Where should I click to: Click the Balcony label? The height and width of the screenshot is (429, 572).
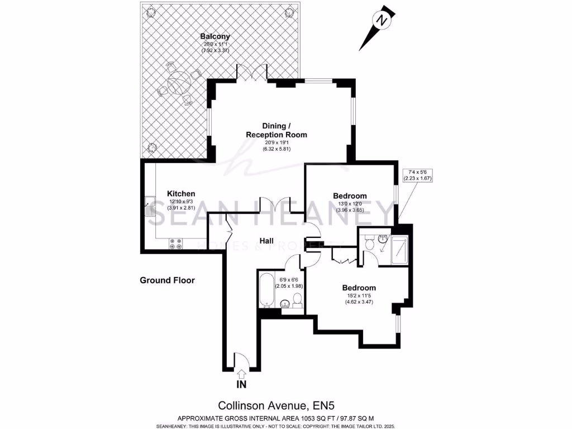click(214, 37)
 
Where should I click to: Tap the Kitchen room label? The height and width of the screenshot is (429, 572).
click(182, 193)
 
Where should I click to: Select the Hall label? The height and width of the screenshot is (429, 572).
click(266, 241)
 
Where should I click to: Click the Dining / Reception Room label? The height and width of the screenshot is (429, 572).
click(277, 130)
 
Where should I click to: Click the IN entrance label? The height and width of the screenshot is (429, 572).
click(241, 384)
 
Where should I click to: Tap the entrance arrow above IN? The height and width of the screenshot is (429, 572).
click(241, 373)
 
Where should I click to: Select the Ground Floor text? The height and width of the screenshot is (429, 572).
click(167, 280)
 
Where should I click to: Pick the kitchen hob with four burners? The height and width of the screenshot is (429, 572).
click(177, 244)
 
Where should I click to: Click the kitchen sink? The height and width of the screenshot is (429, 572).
click(150, 207)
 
